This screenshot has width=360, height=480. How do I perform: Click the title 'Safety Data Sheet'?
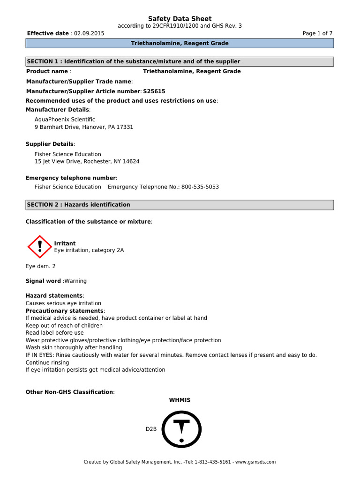click(x=180, y=19)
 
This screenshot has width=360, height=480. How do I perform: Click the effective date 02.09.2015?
click(x=89, y=34)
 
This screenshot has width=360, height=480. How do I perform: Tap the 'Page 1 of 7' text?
click(x=318, y=34)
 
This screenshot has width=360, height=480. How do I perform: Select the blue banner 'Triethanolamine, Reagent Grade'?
click(x=180, y=44)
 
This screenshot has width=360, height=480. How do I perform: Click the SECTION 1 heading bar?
click(x=180, y=62)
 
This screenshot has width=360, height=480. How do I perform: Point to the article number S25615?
click(x=154, y=91)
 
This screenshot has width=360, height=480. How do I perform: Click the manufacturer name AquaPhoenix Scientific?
click(x=65, y=120)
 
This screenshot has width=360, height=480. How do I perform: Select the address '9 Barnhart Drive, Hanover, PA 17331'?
click(x=84, y=127)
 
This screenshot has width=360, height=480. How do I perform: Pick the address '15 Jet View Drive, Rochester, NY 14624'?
click(x=87, y=161)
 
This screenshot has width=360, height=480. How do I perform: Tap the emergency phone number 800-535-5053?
click(x=199, y=187)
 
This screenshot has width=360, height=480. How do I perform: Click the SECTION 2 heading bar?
click(x=180, y=205)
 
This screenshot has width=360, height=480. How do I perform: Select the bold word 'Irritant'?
click(x=65, y=243)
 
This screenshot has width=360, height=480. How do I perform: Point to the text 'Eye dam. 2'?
click(x=40, y=266)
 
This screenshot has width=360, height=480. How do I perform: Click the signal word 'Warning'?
click(x=75, y=281)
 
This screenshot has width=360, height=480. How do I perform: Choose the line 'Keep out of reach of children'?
click(x=64, y=325)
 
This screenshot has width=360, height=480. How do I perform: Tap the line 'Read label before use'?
click(x=54, y=333)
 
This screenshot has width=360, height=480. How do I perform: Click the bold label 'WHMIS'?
click(x=180, y=400)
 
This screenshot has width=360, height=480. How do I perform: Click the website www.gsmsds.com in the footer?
click(x=255, y=462)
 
